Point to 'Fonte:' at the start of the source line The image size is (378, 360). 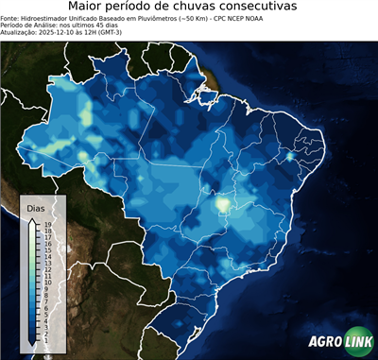[12, 18]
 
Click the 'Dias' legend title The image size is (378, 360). [36, 206]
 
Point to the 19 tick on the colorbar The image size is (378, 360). [46, 225]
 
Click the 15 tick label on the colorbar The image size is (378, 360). [46, 249]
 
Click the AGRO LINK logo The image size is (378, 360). [339, 343]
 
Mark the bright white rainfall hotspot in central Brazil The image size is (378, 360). [223, 203]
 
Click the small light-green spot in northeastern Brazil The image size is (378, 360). [289, 156]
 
